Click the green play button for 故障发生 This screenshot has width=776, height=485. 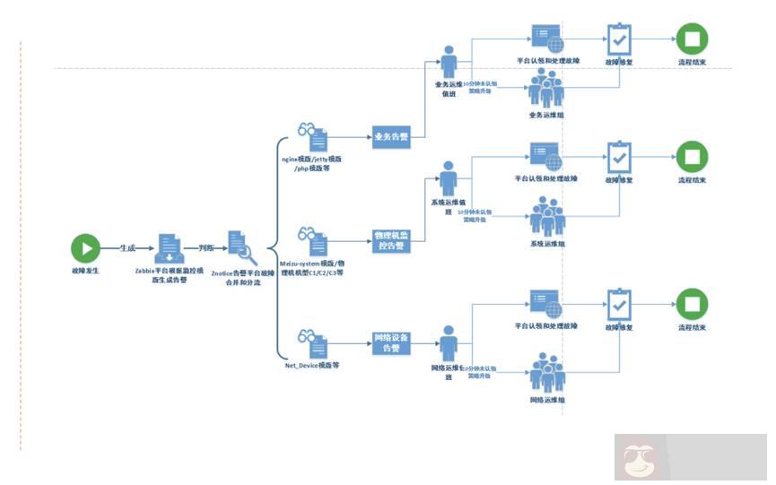[x=85, y=247]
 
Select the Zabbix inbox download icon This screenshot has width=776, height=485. [x=170, y=247]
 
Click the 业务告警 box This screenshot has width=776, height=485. [x=390, y=138]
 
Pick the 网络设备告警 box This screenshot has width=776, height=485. [x=390, y=343]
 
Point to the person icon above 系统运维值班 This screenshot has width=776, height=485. [x=449, y=178]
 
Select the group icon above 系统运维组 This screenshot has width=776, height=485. [x=545, y=218]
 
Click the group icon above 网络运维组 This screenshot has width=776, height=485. [x=545, y=372]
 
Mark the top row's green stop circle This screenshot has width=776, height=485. [x=692, y=39]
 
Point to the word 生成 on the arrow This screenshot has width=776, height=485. [x=127, y=247]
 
